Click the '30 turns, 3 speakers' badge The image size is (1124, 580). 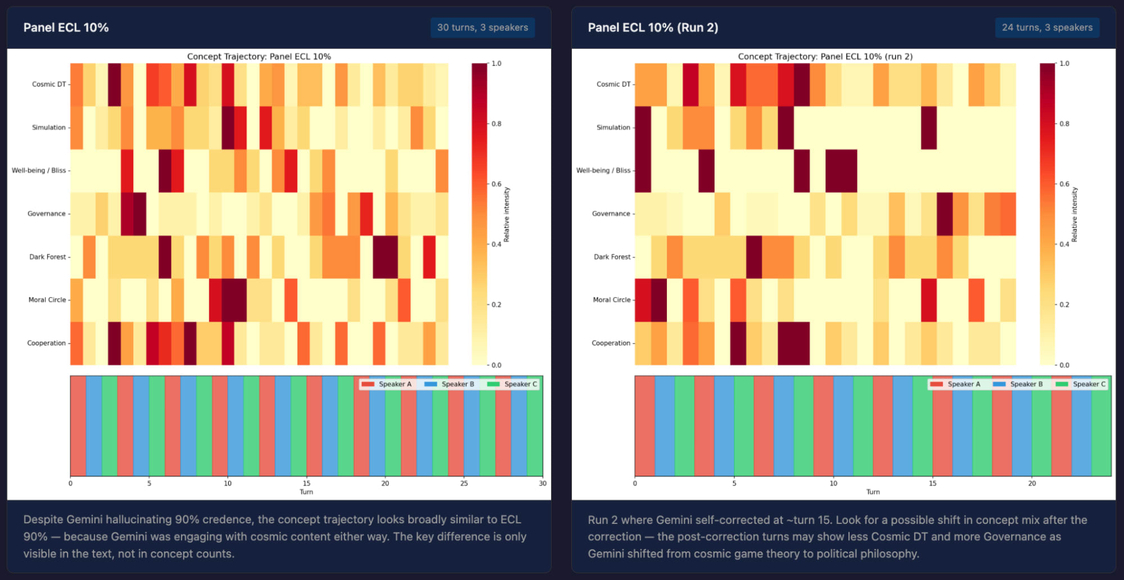click(x=482, y=28)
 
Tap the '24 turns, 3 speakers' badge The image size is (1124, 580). click(x=1047, y=28)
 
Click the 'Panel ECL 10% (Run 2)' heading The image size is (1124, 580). click(x=653, y=28)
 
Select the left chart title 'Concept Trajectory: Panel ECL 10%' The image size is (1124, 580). click(x=259, y=57)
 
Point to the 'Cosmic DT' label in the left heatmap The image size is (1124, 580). click(x=49, y=84)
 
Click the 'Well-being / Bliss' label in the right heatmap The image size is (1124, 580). click(x=603, y=170)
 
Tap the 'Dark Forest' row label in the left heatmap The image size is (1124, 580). click(x=48, y=257)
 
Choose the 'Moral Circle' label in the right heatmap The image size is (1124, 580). click(x=612, y=300)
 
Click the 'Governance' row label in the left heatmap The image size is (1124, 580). click(x=47, y=214)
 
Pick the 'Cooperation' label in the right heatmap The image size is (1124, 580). click(x=611, y=343)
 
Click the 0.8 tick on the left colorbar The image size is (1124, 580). click(x=496, y=124)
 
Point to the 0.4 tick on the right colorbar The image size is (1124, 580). click(x=1064, y=244)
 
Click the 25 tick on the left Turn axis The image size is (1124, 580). click(x=464, y=483)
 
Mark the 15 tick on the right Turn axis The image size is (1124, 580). click(x=932, y=483)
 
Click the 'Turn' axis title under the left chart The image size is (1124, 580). click(x=306, y=492)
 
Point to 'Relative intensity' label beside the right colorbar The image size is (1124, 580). click(x=1075, y=214)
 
